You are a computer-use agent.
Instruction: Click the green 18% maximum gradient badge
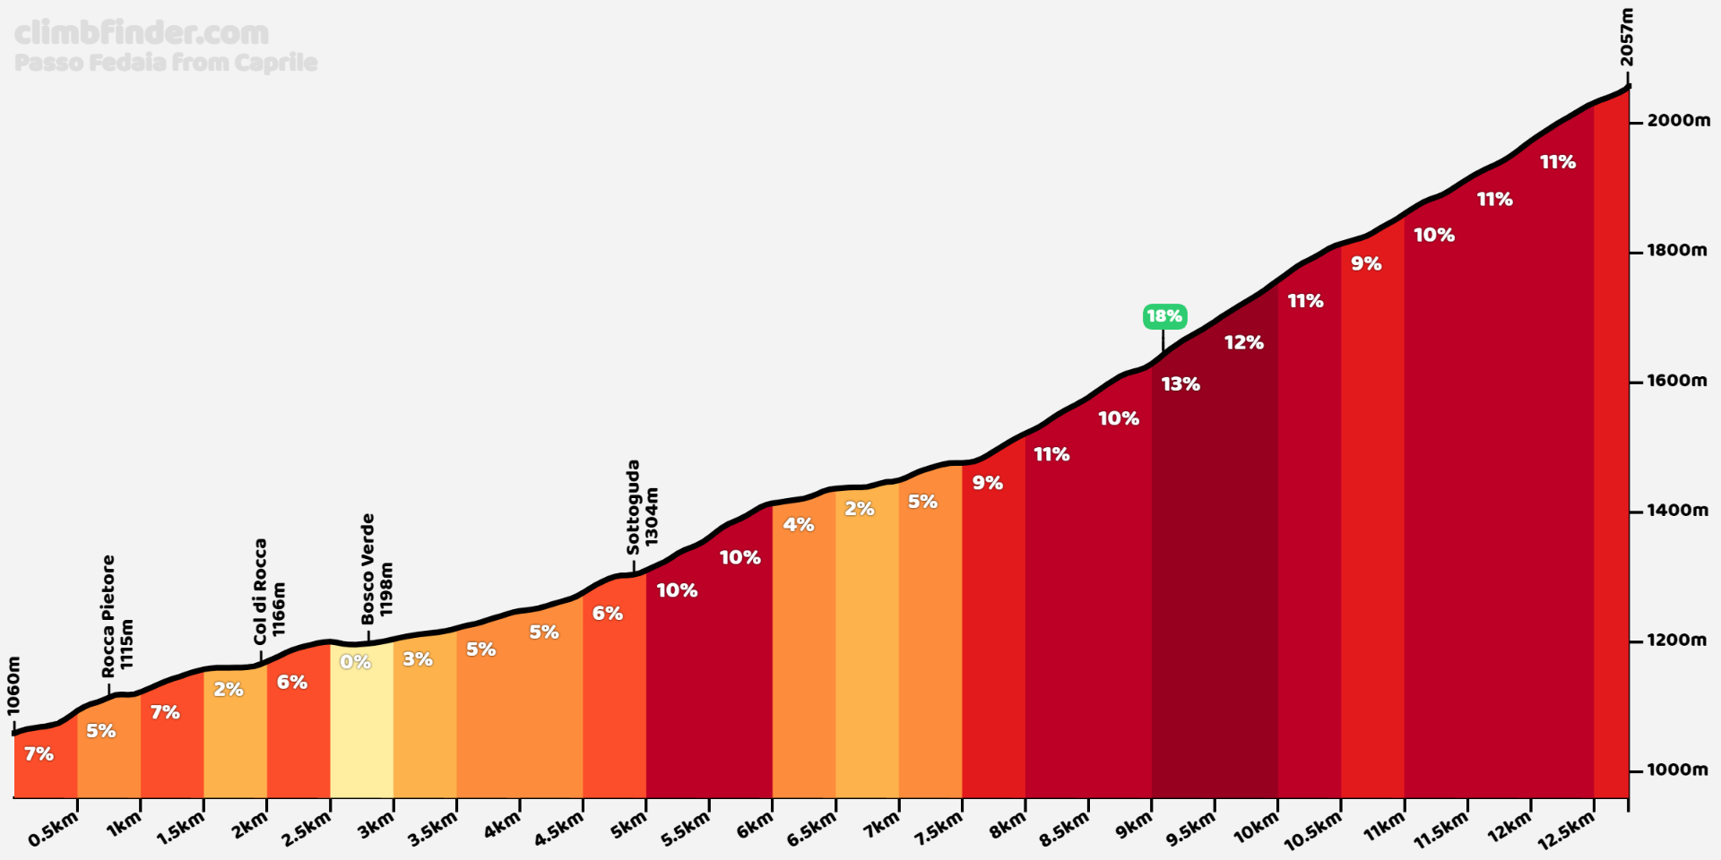(1164, 316)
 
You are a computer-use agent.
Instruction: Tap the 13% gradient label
(1180, 384)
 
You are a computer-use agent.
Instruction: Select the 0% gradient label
(355, 662)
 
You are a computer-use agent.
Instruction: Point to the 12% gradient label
(1243, 342)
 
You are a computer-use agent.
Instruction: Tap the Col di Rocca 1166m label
(269, 592)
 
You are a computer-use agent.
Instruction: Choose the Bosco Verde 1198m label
(376, 569)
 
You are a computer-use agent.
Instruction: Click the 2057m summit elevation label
(1627, 38)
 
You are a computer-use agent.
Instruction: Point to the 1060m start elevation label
(13, 686)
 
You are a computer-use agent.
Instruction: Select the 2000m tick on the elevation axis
(1678, 121)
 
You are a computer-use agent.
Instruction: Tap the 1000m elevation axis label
(1678, 770)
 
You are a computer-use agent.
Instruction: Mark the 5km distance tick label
(628, 826)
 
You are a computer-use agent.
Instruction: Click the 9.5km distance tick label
(1190, 830)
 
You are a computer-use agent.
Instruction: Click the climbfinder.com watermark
(142, 33)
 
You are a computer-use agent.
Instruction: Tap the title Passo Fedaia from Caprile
(166, 63)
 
